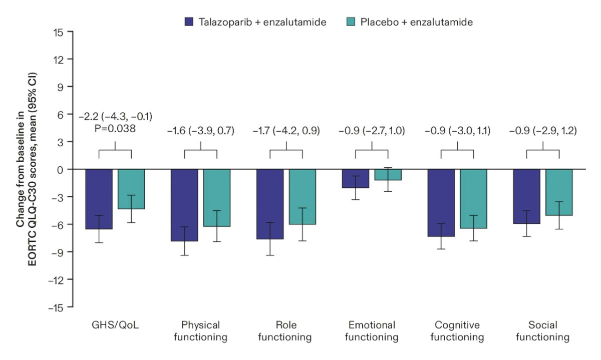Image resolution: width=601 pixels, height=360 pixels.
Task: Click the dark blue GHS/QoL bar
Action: (x=99, y=199)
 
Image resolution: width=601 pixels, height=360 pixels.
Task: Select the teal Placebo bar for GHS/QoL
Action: (x=131, y=189)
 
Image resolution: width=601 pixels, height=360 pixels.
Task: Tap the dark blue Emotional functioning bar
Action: (x=356, y=179)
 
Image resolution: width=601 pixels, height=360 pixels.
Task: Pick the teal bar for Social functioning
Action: (x=559, y=192)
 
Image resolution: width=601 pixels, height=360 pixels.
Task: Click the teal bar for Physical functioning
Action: (x=217, y=198)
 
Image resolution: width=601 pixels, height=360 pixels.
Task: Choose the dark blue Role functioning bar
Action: (x=270, y=204)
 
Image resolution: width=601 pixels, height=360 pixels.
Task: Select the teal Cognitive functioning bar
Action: (x=474, y=199)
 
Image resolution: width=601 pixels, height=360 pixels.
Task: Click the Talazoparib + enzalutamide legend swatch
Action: (x=189, y=22)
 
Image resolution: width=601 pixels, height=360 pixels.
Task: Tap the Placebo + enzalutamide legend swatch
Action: (x=351, y=22)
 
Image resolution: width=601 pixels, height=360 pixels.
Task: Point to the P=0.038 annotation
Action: (x=115, y=129)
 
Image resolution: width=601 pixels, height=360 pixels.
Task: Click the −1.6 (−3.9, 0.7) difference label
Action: (x=201, y=131)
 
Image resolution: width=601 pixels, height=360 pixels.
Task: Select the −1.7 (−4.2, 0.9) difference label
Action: (x=286, y=131)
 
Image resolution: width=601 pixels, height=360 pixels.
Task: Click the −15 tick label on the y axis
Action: (x=56, y=308)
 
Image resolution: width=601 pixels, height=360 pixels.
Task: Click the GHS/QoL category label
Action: (x=115, y=325)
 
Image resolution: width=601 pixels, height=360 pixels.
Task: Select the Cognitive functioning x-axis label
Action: (x=457, y=331)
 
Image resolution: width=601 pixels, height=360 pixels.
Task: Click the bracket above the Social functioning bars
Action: (x=543, y=150)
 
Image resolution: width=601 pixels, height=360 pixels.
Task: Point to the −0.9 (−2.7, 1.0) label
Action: (x=372, y=131)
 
